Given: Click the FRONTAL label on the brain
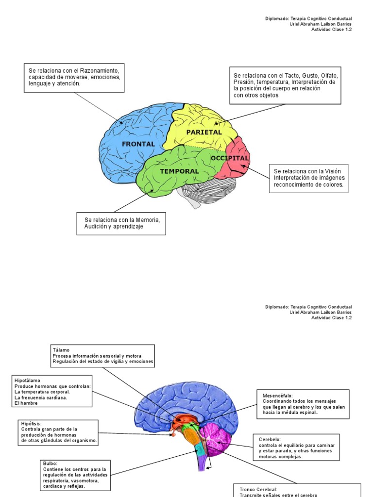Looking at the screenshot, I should [x=138, y=144].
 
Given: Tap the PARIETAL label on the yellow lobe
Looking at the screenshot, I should [x=204, y=132].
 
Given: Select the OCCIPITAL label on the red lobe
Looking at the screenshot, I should [x=230, y=158].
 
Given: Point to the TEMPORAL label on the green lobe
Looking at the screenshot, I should [x=179, y=171].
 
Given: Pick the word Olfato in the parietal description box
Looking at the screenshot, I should [x=329, y=76].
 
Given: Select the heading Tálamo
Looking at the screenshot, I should [x=61, y=350].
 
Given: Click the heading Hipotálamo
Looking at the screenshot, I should [x=28, y=381].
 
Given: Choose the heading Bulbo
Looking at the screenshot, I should [x=50, y=464].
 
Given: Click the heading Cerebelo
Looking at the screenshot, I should [x=270, y=439].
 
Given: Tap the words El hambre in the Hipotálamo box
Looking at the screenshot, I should [x=26, y=403].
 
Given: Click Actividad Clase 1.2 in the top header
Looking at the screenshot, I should [x=331, y=30].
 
